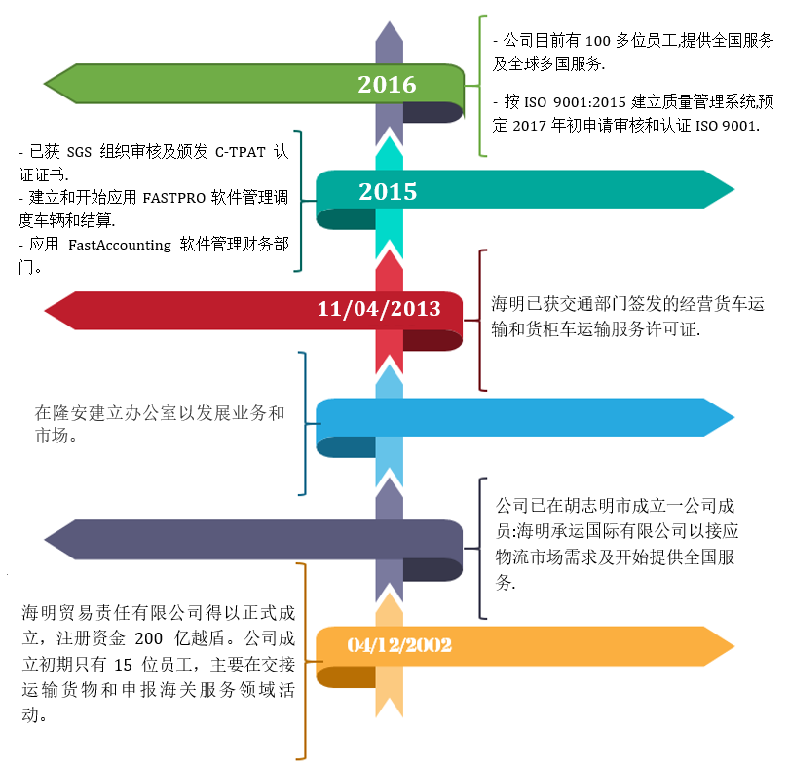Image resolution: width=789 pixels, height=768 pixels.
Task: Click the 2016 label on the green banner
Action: pyautogui.click(x=387, y=85)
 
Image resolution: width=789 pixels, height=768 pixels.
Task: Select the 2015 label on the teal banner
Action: pyautogui.click(x=388, y=191)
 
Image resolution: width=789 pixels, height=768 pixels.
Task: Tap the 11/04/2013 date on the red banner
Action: pyautogui.click(x=379, y=309)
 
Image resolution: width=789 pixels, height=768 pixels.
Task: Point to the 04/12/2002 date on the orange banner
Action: pyautogui.click(x=399, y=645)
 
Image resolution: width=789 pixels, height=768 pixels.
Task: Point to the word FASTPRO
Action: pyautogui.click(x=176, y=196)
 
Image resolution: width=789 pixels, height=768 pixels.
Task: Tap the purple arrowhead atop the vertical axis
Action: pyautogui.click(x=389, y=29)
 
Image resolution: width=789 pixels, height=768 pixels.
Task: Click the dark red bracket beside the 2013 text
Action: pyautogui.click(x=481, y=320)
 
